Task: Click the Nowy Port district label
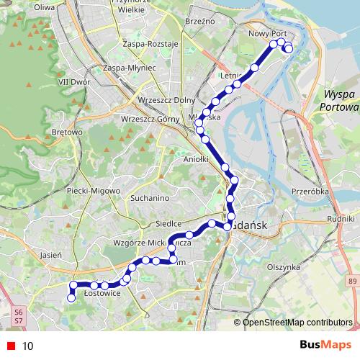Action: tap(267, 33)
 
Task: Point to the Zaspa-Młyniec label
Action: tap(130, 67)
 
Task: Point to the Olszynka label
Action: tap(283, 266)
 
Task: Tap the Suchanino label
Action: tap(149, 197)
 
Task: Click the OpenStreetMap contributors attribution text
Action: tap(297, 323)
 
